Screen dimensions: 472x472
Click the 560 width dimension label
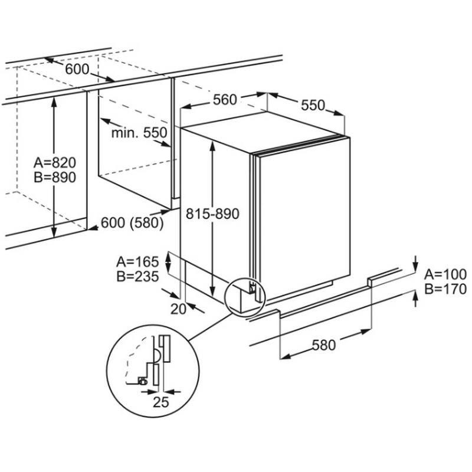(x=225, y=100)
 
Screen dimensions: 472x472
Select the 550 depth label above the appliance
(x=313, y=105)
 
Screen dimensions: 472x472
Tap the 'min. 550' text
(x=139, y=133)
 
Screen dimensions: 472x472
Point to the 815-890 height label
(x=212, y=214)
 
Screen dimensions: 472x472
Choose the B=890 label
(x=55, y=177)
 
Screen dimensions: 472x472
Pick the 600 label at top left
(x=77, y=69)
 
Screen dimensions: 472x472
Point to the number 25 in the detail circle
(x=161, y=403)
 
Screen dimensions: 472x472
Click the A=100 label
(x=446, y=274)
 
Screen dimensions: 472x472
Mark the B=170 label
(x=446, y=289)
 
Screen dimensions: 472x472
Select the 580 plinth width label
(x=323, y=345)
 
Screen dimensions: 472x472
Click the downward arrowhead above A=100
(x=416, y=264)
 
